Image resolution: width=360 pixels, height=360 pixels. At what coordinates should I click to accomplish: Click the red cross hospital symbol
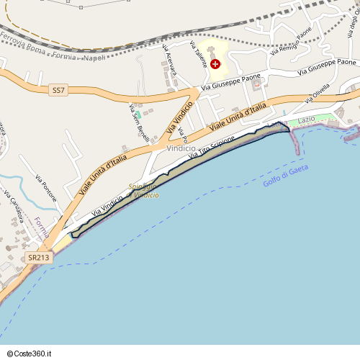coord(215,64)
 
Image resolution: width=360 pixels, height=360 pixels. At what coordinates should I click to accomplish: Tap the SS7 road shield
coord(58,91)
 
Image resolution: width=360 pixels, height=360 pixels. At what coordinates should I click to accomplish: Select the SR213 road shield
coord(40,257)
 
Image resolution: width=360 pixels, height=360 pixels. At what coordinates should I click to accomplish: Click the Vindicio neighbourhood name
coord(181,148)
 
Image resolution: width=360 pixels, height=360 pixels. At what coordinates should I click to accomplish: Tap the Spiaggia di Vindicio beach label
coord(143,191)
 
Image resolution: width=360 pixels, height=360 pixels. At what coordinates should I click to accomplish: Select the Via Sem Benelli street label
coord(139,122)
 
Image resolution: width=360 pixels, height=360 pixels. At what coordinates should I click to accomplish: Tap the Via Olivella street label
coord(317,94)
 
